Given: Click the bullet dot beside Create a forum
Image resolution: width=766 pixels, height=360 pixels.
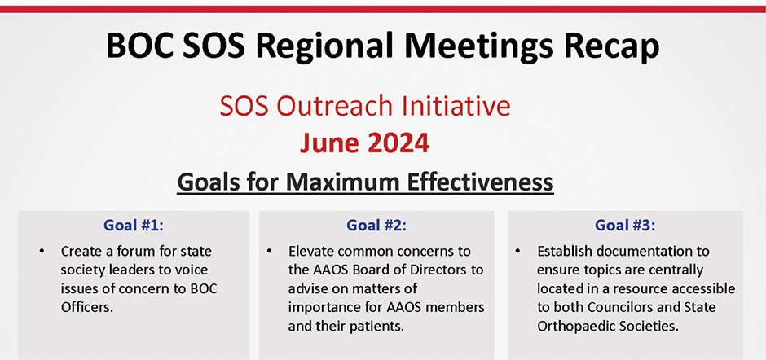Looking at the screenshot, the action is pos(42,252).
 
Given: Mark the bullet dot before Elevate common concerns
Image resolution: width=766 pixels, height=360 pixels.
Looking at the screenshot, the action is pos(269,252).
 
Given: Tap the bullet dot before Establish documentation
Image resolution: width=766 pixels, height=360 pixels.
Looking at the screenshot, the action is pos(517,252).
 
